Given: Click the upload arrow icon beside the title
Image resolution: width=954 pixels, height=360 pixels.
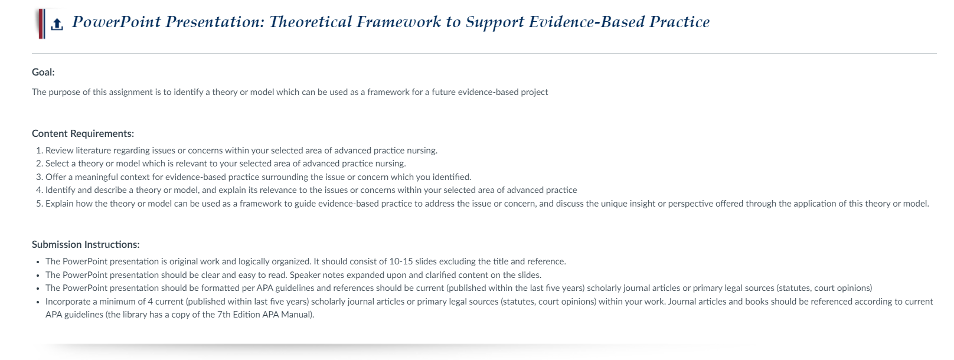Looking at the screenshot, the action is tap(57, 25).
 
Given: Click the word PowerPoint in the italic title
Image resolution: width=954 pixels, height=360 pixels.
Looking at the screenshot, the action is tap(116, 22).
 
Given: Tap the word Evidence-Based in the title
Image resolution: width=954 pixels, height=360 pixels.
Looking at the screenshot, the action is tap(586, 22).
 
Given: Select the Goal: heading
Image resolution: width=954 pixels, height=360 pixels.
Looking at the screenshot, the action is tap(44, 73).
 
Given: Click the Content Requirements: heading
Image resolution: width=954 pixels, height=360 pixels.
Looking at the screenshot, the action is tap(83, 133).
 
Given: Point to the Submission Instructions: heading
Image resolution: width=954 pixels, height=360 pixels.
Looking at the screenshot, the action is tap(86, 245).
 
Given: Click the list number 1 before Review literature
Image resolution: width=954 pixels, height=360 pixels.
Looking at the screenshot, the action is tap(39, 150).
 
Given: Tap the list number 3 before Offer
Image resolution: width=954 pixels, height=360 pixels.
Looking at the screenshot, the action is tap(39, 177).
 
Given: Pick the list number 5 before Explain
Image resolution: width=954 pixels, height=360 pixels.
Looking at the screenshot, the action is tap(39, 204).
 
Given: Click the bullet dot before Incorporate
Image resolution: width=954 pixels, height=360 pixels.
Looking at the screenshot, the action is tap(38, 302).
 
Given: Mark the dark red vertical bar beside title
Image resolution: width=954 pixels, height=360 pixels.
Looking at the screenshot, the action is tap(41, 24).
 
